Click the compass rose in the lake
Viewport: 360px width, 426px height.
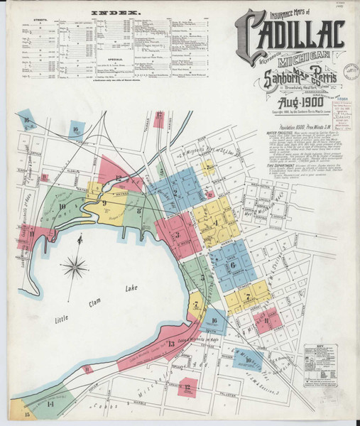(x=74, y=268)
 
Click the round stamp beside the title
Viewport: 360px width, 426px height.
(x=351, y=72)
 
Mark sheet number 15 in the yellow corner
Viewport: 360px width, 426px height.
(x=28, y=413)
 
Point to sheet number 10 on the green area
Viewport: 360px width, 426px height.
(x=62, y=207)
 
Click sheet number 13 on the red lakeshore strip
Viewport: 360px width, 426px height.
(x=171, y=344)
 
